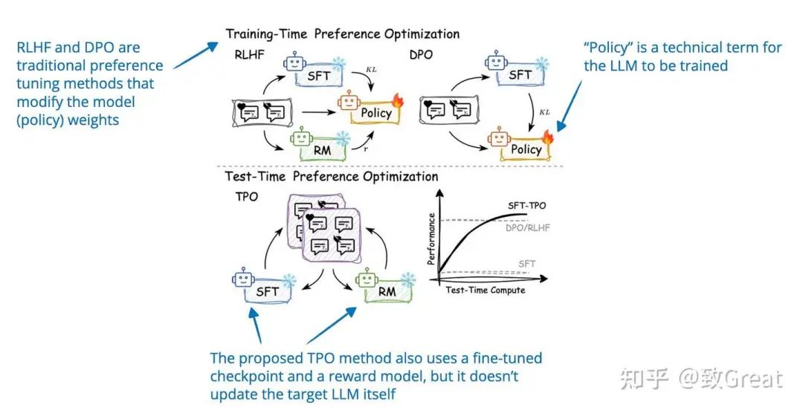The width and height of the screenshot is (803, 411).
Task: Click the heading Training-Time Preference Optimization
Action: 343,34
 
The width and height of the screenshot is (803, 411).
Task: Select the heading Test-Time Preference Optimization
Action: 332,176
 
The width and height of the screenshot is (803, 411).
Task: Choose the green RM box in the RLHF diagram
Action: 320,151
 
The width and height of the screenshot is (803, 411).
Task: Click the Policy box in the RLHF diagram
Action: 376,113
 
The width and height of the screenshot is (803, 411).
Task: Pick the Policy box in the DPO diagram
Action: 526,149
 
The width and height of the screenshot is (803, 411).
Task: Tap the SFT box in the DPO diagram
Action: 520,74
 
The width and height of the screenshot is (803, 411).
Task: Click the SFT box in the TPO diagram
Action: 266,291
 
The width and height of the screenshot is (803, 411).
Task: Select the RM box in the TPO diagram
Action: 387,291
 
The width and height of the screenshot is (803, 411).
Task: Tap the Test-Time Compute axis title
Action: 485,290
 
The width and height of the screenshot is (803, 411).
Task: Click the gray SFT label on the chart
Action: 526,264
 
